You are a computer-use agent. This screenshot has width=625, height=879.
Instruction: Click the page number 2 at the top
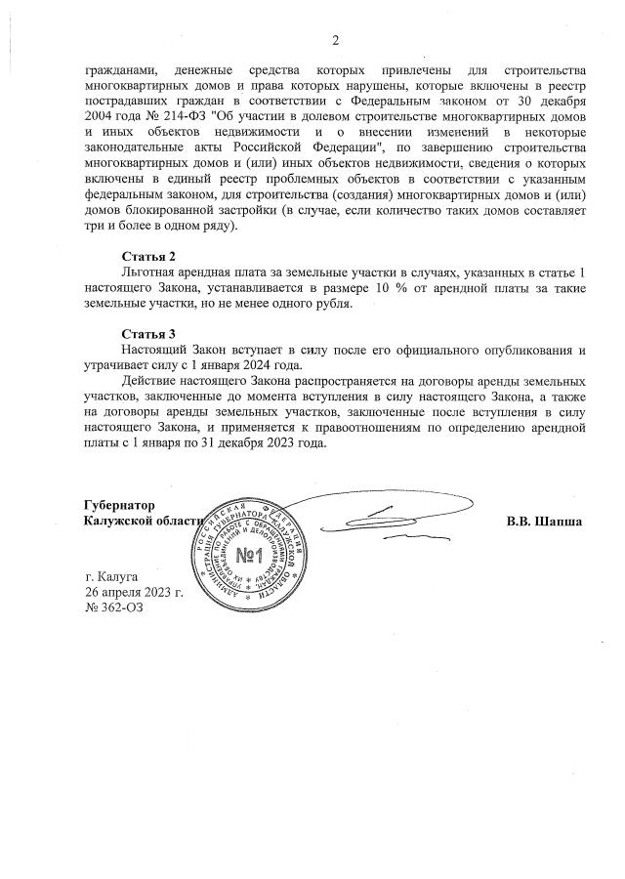[334, 40]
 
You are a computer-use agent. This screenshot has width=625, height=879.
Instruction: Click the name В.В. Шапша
[544, 522]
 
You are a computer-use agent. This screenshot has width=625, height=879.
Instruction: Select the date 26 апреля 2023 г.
[134, 592]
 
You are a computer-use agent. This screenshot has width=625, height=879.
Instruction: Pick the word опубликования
[519, 349]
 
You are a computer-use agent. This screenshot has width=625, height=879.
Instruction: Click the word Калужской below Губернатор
[122, 522]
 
